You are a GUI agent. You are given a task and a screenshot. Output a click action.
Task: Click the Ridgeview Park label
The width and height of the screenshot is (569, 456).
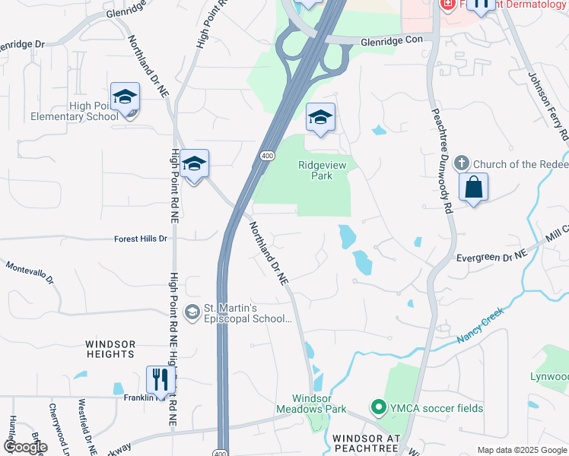pos(315,169)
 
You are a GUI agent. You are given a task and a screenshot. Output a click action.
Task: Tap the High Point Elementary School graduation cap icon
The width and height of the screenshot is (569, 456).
pos(125,97)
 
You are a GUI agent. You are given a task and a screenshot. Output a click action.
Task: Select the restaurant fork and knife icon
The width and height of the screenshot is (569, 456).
pos(161,379)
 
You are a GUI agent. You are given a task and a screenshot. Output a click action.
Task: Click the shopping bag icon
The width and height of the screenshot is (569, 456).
pos(473,187)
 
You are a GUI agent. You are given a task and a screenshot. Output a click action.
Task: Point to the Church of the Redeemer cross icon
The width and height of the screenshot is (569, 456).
pos(461,163)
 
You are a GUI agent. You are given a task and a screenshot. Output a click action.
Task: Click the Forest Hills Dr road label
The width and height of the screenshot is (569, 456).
pos(141,239)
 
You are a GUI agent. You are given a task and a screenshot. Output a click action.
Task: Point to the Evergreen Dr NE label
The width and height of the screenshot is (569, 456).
pos(491,258)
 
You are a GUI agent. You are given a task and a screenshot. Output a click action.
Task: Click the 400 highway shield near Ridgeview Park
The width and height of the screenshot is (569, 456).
pos(267,156)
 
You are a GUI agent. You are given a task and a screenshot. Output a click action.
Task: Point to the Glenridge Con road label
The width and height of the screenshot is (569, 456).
pos(391,42)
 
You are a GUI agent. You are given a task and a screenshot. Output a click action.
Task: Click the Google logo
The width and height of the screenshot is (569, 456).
pos(25,447)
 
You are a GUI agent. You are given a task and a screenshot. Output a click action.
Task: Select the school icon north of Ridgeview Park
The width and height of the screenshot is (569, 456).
pos(320,118)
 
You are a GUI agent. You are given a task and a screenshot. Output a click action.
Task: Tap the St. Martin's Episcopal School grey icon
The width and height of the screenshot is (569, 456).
pos(193,311)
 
